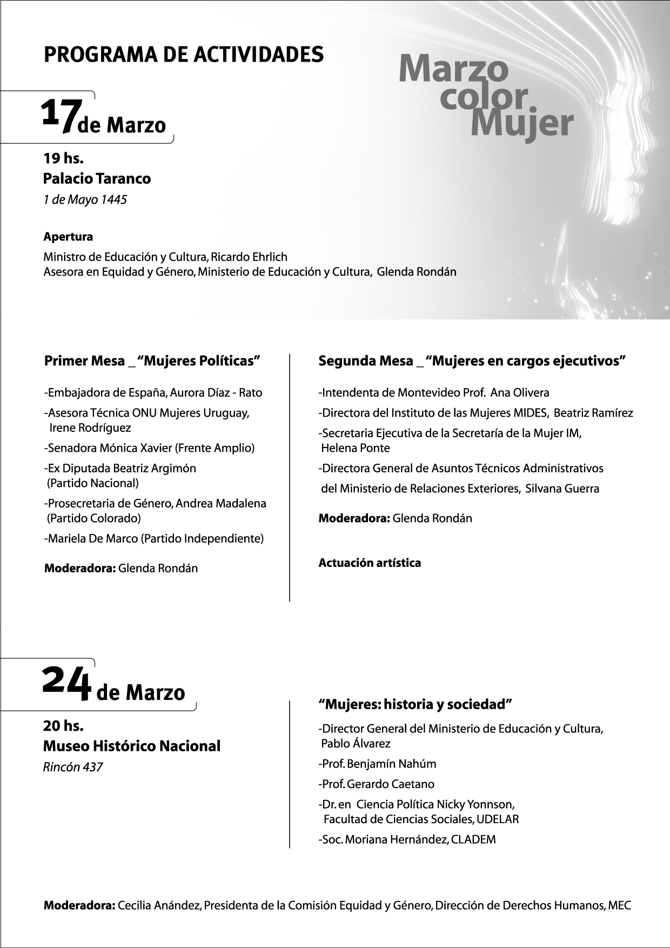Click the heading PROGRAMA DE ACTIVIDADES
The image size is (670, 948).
(x=184, y=55)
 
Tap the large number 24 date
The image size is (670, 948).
(x=65, y=684)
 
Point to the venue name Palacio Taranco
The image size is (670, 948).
(x=97, y=178)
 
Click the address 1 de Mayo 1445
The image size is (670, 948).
(x=85, y=200)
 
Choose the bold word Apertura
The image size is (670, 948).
(x=68, y=237)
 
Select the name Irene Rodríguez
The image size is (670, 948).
(x=90, y=428)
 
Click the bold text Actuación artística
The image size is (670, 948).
(x=370, y=563)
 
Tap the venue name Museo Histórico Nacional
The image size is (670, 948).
(x=132, y=746)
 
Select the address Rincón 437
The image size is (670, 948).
(x=73, y=767)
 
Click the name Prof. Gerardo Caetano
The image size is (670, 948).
(x=377, y=784)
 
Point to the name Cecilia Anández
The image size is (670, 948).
(x=159, y=905)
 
